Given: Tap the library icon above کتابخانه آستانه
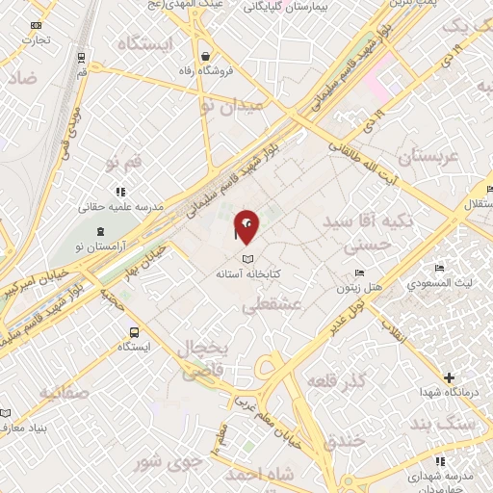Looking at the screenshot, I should (247, 259).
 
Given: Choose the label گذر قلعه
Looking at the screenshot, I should (336, 382).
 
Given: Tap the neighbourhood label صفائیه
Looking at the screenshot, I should (65, 392).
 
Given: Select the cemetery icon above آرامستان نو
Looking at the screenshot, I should (101, 231).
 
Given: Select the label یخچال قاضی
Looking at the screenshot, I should (203, 357).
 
